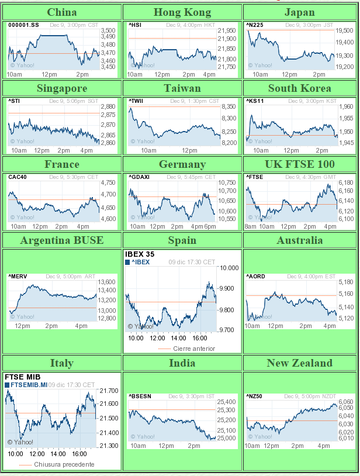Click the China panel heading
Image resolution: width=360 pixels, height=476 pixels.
[61, 12]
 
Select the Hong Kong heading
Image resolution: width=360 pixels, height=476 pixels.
[182, 12]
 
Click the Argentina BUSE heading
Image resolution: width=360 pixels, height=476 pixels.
[61, 240]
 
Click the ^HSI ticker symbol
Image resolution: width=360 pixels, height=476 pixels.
[135, 25]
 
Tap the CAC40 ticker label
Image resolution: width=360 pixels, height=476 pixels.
[18, 177]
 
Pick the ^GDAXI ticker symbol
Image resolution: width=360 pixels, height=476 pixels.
[140, 177]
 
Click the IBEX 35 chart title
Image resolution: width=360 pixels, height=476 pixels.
[139, 254]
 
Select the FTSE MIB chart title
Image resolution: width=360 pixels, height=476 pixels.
[20, 377]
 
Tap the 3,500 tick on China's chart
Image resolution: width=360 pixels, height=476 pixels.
[108, 30]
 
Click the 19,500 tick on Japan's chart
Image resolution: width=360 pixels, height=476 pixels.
[344, 30]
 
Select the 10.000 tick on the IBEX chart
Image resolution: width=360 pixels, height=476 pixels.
[229, 268]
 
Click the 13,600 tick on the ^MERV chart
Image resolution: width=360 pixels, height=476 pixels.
[107, 282]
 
